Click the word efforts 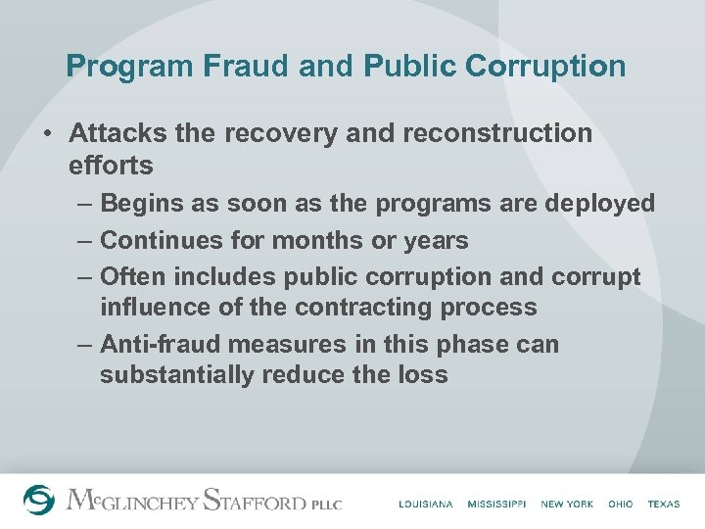[x=111, y=166]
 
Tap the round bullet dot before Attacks [x=48, y=133]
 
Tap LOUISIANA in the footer [x=426, y=504]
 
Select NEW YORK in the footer [x=567, y=504]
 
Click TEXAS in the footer [x=663, y=504]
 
